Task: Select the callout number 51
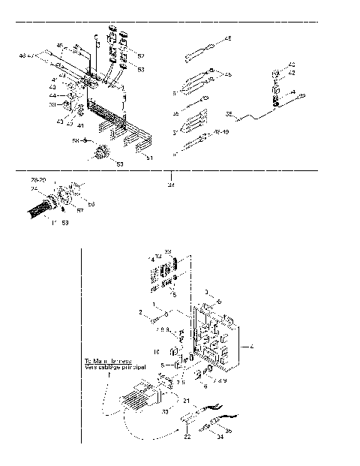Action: (x=149, y=158)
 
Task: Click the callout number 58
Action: (x=75, y=140)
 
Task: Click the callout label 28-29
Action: (x=38, y=181)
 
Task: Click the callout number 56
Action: (x=91, y=203)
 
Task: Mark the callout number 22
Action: (x=187, y=437)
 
